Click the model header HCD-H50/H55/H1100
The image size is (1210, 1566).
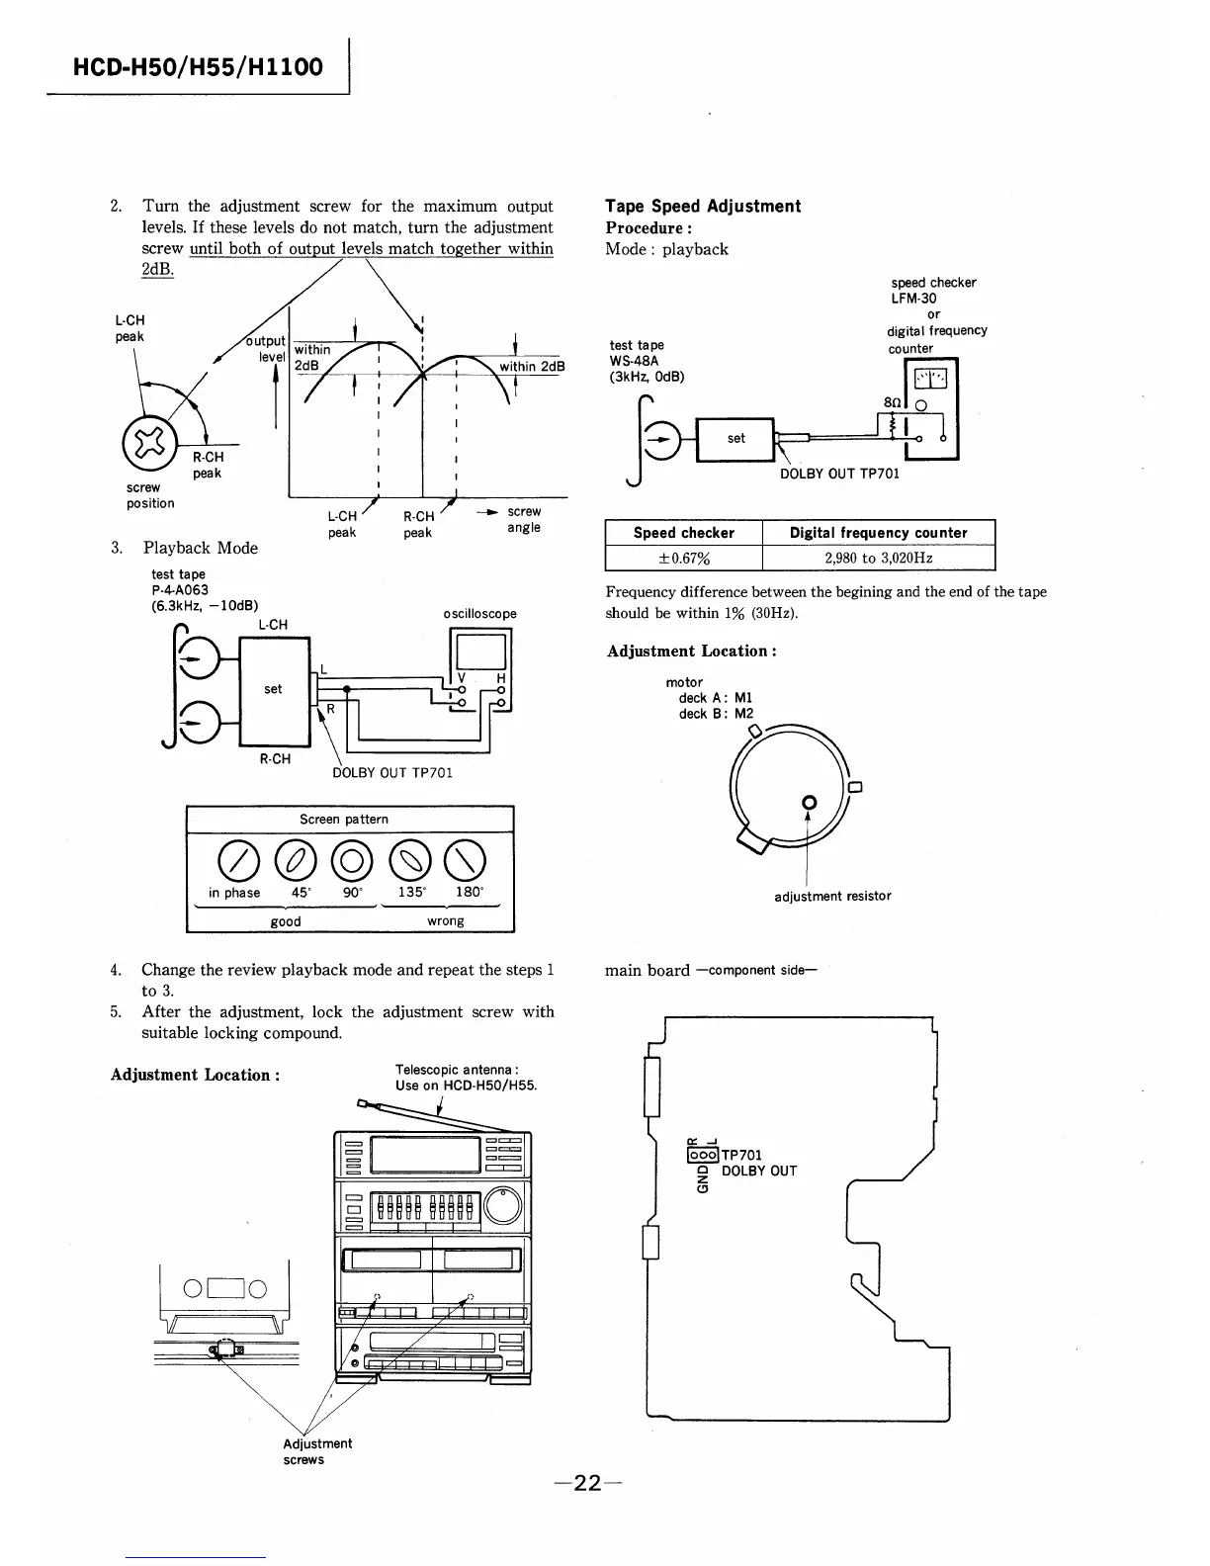tap(198, 66)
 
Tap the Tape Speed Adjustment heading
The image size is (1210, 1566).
tap(702, 206)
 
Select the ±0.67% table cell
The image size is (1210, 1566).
tap(683, 558)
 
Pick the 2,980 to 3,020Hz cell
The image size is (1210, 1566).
tap(878, 558)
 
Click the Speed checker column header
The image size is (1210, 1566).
tap(683, 533)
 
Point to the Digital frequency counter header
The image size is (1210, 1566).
tap(878, 533)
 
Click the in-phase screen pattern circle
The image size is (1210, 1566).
tap(234, 857)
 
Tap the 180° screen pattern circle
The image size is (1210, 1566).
tap(468, 857)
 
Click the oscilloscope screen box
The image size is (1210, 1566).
tap(478, 652)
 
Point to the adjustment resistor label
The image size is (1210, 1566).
tap(831, 896)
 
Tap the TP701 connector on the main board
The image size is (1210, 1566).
tap(701, 1154)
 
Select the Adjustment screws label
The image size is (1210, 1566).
tap(316, 1451)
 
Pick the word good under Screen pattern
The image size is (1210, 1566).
tap(286, 921)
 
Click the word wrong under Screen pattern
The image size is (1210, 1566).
tap(445, 921)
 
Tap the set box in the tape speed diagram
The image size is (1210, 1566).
tap(735, 439)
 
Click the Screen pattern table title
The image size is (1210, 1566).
tap(344, 820)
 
